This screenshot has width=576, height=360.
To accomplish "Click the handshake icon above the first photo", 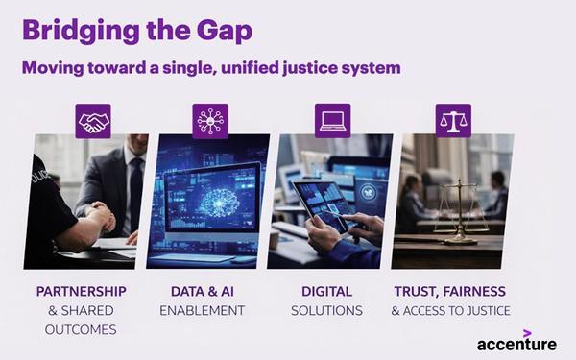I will click(x=93, y=121).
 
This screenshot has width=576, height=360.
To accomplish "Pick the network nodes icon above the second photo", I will click(x=209, y=121).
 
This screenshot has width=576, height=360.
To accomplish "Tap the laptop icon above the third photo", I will click(x=332, y=121).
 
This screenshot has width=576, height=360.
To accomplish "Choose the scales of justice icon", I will click(x=452, y=121).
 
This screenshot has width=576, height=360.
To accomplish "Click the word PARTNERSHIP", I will click(x=81, y=291).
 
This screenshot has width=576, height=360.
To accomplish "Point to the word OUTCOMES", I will click(x=80, y=329).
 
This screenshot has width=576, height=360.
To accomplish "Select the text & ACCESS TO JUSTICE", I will click(x=450, y=310).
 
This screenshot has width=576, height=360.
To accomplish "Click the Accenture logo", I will click(x=516, y=343).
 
